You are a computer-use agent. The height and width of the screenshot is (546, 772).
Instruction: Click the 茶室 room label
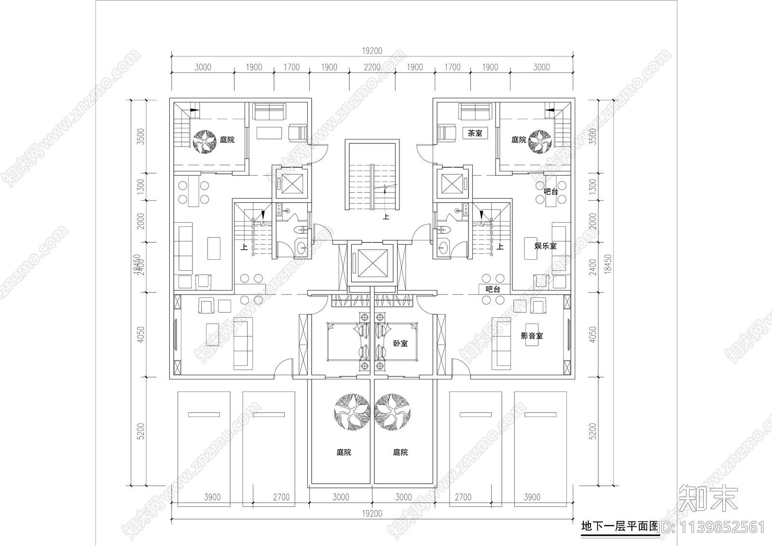click(475, 133)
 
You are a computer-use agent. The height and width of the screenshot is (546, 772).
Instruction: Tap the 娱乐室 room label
click(545, 246)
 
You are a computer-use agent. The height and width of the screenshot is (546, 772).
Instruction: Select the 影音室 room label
click(532, 336)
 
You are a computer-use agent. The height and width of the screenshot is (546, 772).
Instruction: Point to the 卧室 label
click(400, 343)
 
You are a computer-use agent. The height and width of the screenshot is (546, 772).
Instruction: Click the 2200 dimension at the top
click(372, 67)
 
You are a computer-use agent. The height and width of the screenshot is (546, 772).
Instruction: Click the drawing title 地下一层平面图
click(620, 526)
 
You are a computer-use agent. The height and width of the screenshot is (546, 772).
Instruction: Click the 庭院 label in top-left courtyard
click(227, 140)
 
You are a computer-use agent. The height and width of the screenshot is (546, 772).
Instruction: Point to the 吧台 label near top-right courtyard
click(551, 192)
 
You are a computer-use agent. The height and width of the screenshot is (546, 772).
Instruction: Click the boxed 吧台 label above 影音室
click(493, 289)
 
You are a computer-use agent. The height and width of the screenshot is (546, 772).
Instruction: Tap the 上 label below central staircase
click(386, 217)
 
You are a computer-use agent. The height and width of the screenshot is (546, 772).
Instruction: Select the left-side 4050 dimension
click(140, 335)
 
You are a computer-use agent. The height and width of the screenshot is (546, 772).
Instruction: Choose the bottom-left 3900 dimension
click(212, 497)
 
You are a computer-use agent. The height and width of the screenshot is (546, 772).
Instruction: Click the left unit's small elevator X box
click(291, 183)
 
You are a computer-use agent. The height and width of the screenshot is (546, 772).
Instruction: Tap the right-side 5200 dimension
click(593, 431)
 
